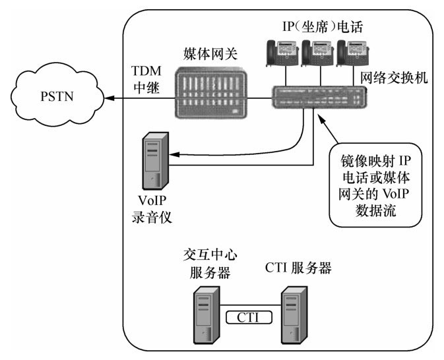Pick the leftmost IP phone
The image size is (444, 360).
[x=280, y=53]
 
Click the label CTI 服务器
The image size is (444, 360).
[x=297, y=268]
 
